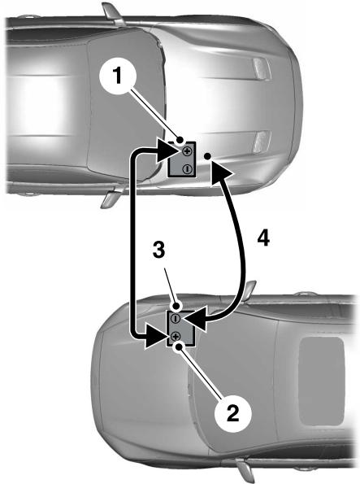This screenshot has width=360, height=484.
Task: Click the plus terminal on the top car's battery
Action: (x=187, y=151)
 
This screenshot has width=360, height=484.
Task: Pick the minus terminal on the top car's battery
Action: (x=187, y=168)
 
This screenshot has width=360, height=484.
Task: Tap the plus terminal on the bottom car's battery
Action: (x=175, y=335)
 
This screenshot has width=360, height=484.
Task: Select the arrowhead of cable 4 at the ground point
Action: (x=220, y=168)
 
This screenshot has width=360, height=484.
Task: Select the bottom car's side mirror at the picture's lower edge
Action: (x=243, y=473)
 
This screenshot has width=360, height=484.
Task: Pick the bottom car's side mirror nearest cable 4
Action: (x=249, y=290)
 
